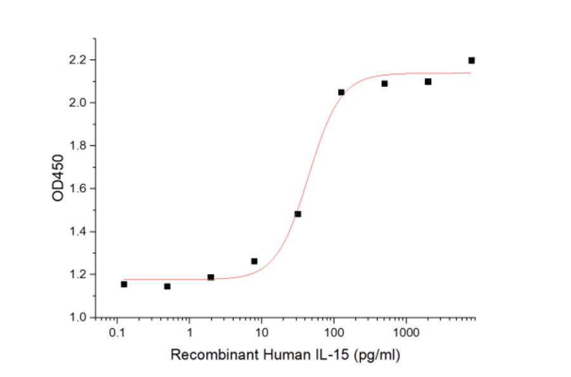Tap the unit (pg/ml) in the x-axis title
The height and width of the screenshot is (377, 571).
(379, 355)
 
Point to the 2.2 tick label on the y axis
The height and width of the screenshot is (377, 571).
(78, 60)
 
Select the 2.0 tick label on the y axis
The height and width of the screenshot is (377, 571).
(78, 103)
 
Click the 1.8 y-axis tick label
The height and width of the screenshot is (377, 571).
(78, 146)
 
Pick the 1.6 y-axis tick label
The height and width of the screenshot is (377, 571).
(78, 189)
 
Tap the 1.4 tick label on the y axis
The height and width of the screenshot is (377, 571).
(78, 232)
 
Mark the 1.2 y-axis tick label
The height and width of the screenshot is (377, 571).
(78, 275)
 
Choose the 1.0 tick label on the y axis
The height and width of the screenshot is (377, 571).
(78, 317)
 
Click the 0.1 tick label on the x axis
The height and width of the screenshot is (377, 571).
(117, 333)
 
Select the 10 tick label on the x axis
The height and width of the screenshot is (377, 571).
(261, 333)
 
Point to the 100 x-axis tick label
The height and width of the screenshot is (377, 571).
(334, 333)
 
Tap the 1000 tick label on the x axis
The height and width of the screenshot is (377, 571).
(406, 333)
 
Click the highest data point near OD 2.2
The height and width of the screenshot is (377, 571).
(471, 60)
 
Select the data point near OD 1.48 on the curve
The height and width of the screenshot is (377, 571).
(298, 214)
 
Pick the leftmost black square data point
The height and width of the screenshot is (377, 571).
(124, 284)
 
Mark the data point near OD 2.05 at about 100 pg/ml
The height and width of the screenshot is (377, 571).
(341, 92)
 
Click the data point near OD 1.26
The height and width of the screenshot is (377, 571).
(254, 261)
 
